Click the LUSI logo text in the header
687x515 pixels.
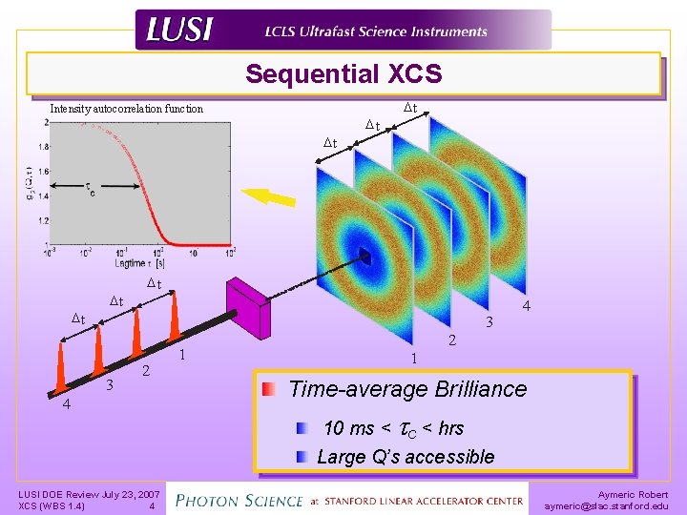pyautogui.click(x=178, y=31)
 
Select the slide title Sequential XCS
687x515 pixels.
pyautogui.click(x=343, y=73)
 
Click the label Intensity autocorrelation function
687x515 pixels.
pyautogui.click(x=126, y=109)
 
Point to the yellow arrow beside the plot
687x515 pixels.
pyautogui.click(x=269, y=197)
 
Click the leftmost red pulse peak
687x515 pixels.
pyautogui.click(x=60, y=367)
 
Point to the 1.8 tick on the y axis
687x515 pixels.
pyautogui.click(x=41, y=148)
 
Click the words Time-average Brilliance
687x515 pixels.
pyautogui.click(x=406, y=389)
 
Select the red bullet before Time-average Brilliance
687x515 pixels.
pyautogui.click(x=271, y=389)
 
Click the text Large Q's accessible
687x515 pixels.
pyautogui.click(x=406, y=457)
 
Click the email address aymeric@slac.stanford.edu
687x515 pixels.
pyautogui.click(x=606, y=506)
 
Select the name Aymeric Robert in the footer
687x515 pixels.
pyautogui.click(x=633, y=494)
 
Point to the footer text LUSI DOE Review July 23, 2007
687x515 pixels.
pyautogui.click(x=89, y=494)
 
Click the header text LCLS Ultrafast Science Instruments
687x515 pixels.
pyautogui.click(x=376, y=31)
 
